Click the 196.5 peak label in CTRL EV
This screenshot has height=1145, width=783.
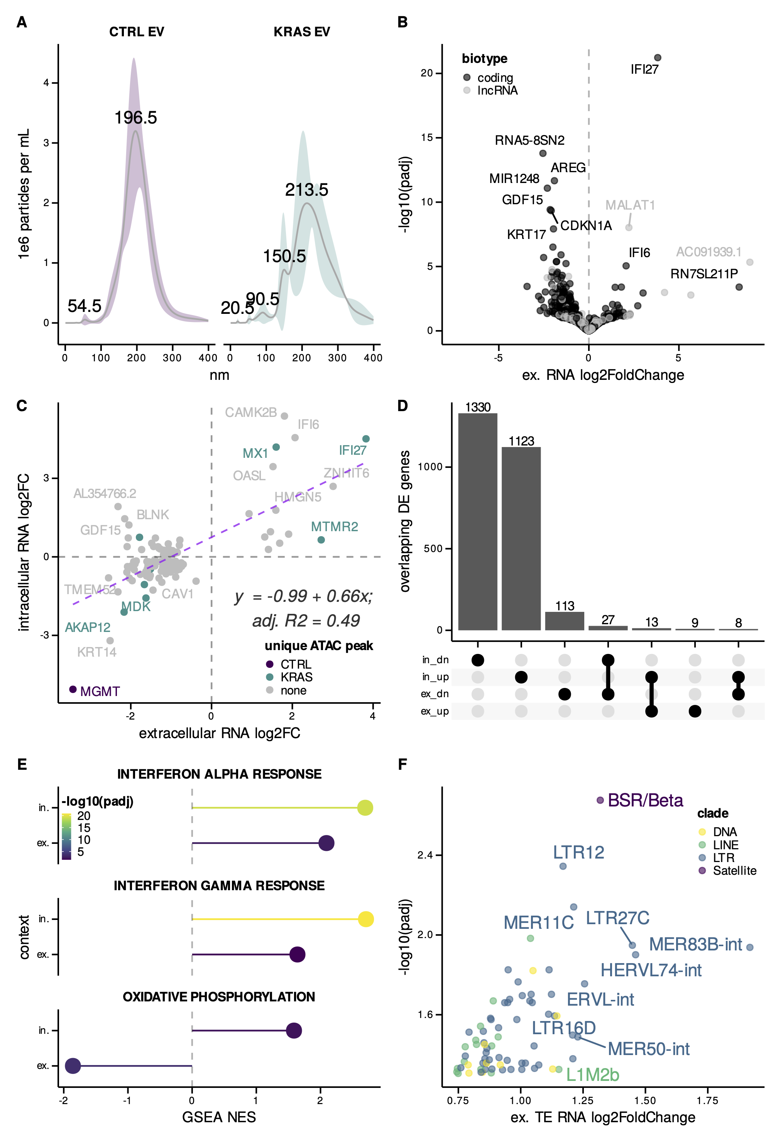click(135, 118)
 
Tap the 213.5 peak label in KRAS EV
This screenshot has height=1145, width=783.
click(306, 190)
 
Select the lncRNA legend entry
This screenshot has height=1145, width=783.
click(497, 91)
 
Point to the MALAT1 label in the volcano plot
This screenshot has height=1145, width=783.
click(630, 205)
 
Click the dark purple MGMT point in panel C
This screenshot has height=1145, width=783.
click(73, 689)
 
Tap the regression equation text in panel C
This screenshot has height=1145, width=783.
click(303, 596)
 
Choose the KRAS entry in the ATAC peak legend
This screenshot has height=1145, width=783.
click(296, 677)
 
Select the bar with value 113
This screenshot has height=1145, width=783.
click(564, 621)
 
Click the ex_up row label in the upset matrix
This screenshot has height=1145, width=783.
click(435, 711)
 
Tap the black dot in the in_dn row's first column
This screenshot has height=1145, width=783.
click(477, 660)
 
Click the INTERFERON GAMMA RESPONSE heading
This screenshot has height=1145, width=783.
click(219, 885)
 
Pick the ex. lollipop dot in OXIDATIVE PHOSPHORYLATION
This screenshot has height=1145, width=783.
click(73, 1066)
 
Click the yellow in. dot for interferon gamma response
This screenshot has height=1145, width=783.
click(365, 919)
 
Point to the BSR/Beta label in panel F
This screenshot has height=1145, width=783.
click(645, 800)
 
